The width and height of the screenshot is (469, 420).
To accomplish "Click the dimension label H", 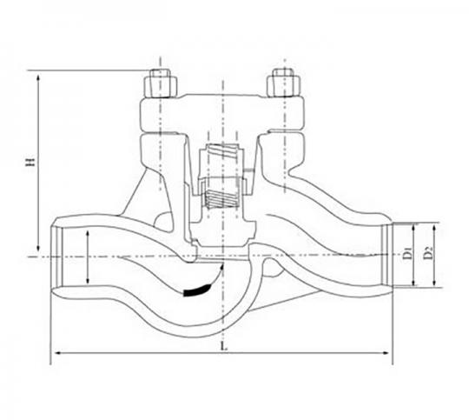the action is pyautogui.click(x=30, y=162).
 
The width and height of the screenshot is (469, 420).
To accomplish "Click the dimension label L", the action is pyautogui.click(x=223, y=346).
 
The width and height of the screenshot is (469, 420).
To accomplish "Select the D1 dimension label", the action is pyautogui.click(x=407, y=253).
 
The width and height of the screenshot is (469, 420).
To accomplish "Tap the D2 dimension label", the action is pyautogui.click(x=428, y=253).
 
